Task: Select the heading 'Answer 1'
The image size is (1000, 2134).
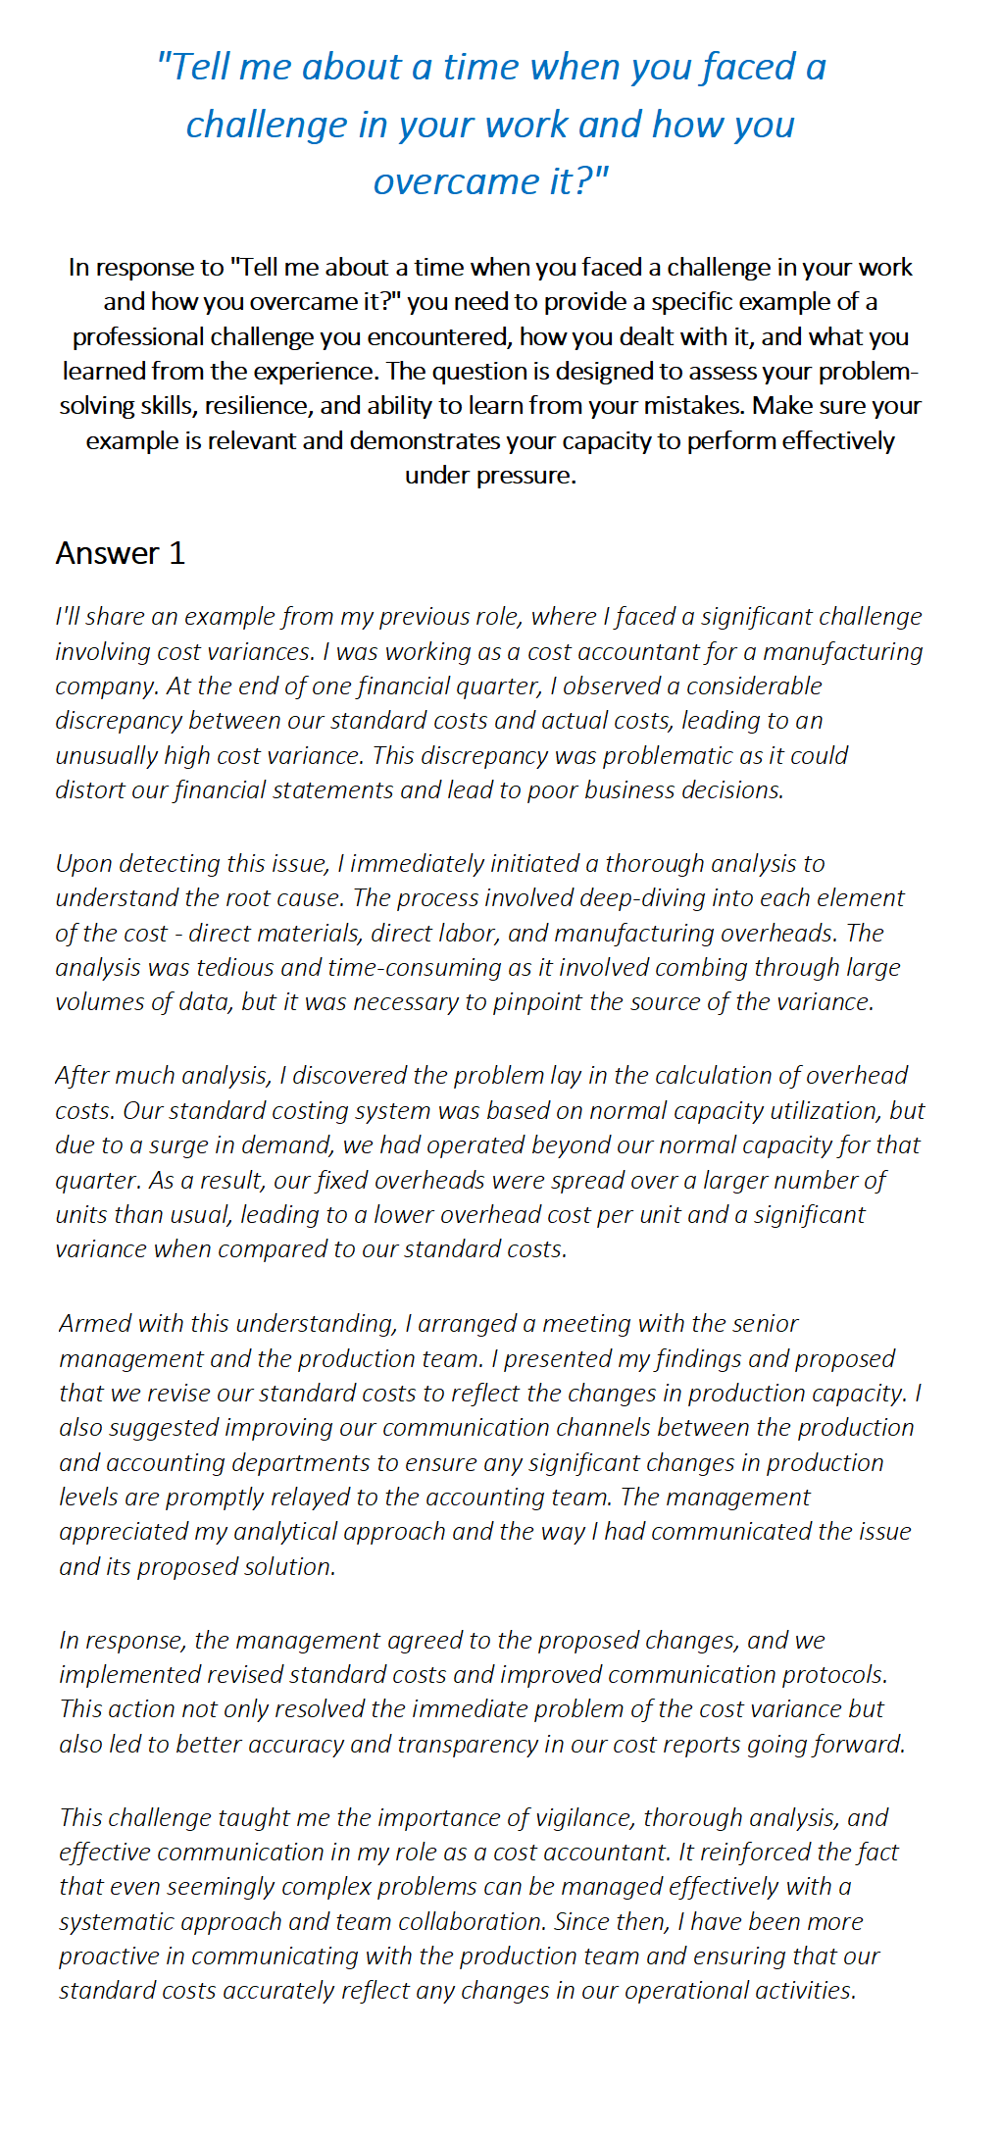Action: coord(120,554)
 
